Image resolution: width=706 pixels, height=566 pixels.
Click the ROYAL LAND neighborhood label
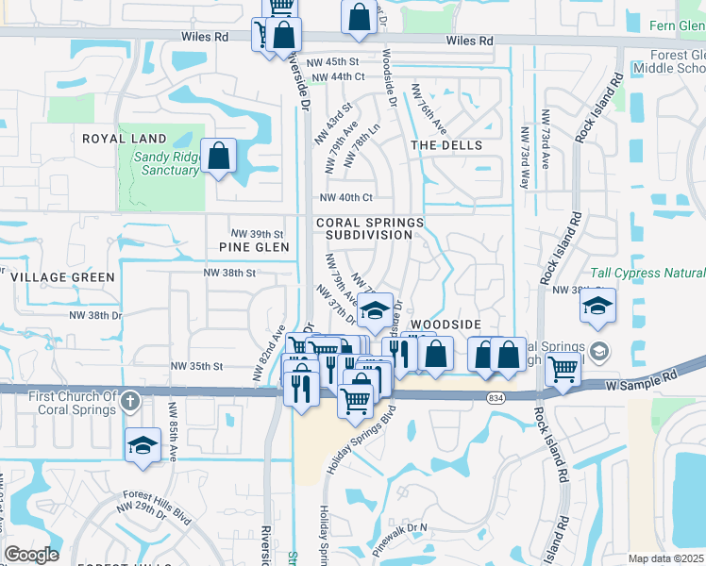coord(124,139)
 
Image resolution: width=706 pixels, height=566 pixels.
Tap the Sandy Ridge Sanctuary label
coord(165,164)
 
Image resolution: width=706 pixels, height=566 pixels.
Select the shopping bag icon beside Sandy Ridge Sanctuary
coord(218,158)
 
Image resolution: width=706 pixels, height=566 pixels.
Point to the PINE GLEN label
coord(253,247)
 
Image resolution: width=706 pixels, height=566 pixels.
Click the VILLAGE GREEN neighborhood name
coord(62,277)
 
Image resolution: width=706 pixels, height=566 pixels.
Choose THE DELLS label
coord(446,145)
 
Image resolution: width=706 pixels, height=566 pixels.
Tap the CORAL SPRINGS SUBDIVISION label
coord(370,228)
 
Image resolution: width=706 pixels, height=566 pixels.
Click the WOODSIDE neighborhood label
coord(446,324)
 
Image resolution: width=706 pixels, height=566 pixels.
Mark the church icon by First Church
coord(131,402)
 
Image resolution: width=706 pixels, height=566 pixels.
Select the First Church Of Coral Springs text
coord(72,402)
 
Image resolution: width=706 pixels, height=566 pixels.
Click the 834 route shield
coord(495,399)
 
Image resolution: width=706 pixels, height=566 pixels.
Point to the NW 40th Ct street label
coord(346,197)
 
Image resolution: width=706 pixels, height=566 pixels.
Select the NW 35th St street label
coord(196,365)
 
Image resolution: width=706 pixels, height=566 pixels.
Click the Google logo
coord(31,554)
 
